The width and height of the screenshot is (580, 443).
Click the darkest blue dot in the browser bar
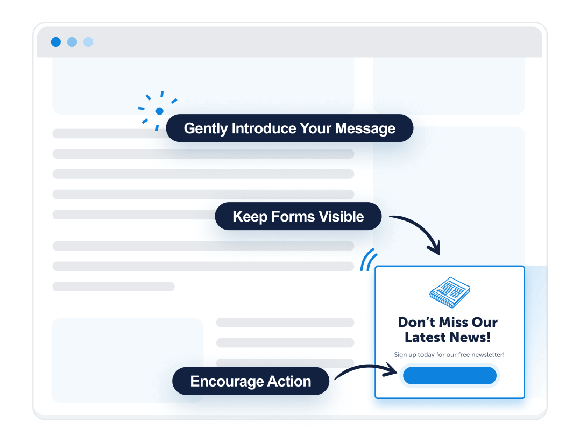pos(55,42)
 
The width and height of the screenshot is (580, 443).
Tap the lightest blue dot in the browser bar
pos(88,42)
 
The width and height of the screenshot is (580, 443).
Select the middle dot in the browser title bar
pos(72,42)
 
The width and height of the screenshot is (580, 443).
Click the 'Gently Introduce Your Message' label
pos(289,128)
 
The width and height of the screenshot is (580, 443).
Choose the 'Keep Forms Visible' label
pos(298,217)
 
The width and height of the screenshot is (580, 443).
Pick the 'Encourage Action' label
pos(251,382)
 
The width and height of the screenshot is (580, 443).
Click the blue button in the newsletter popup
pos(449,376)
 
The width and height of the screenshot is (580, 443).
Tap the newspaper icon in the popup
pos(450,292)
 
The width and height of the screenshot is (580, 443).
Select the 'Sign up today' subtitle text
pos(449,355)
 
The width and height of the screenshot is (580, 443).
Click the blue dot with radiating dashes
pos(159,111)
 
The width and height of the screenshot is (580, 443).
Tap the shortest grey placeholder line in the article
pos(113,287)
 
